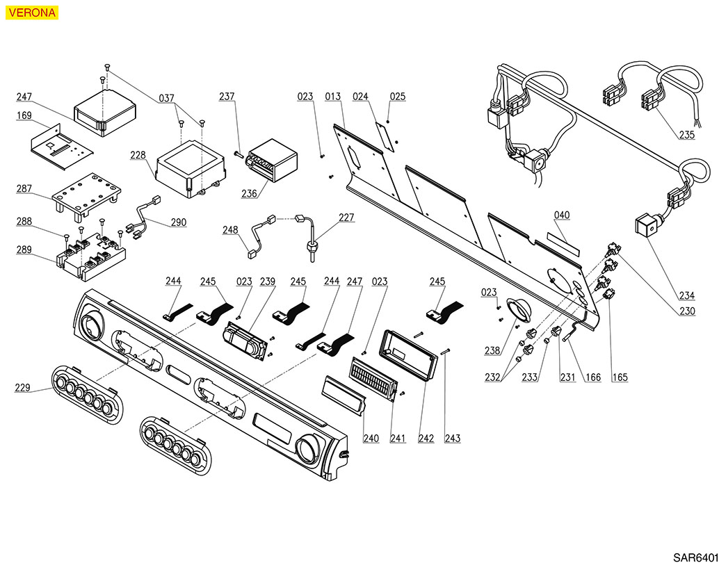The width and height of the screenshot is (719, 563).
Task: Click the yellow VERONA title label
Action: click(32, 12)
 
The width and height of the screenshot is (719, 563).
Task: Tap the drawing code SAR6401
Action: click(695, 557)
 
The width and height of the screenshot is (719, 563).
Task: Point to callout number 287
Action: click(25, 188)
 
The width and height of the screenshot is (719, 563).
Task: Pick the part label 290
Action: click(178, 222)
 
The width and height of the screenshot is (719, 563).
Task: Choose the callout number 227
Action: click(346, 218)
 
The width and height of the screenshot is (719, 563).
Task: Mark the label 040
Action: click(562, 215)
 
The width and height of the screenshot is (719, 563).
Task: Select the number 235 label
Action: click(686, 135)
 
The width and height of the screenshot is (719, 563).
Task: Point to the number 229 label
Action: click(24, 387)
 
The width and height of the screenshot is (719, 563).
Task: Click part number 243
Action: click(453, 439)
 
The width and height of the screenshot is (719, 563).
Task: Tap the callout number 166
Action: click(592, 377)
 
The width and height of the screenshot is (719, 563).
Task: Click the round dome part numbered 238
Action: click(518, 309)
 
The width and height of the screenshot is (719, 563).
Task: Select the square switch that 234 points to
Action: click(646, 227)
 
